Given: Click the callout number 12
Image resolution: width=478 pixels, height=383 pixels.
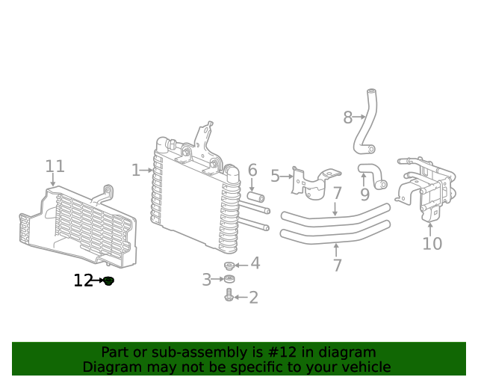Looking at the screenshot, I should point(83,281).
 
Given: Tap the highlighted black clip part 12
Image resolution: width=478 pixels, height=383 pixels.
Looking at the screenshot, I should point(108,281).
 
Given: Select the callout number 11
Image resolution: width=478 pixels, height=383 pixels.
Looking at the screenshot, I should point(55,166).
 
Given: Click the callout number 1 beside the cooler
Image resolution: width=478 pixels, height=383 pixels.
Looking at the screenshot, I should point(135,171).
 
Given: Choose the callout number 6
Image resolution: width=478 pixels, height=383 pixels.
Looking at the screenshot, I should point(252,171).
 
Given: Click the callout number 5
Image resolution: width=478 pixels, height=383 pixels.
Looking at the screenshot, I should point(275,177).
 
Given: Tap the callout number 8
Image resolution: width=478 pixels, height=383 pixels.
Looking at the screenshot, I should point(347,117).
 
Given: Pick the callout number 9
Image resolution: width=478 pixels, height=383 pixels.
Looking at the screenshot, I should point(364,194).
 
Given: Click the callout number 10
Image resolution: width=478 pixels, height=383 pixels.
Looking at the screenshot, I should point(432,243).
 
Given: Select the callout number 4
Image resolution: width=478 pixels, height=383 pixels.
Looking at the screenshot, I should point(255,263).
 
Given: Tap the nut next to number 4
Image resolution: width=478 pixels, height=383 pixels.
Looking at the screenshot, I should point(230,266).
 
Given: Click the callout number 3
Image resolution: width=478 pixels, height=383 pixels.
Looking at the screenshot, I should point(206,280).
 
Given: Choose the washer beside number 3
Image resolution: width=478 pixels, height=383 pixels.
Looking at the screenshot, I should point(229,281).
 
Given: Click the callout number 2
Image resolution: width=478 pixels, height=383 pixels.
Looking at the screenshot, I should point(253,298).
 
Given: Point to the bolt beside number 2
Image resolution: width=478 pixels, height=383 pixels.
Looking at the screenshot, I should point(229,297).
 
